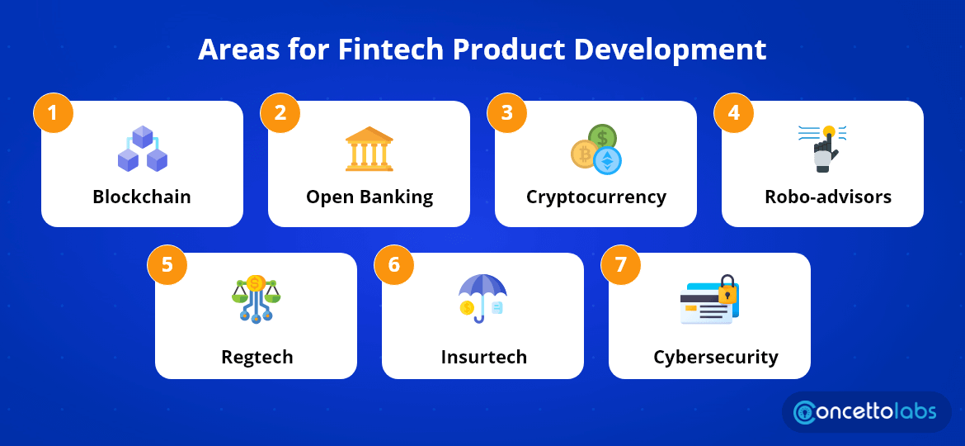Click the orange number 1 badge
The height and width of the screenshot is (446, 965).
pos(54,113)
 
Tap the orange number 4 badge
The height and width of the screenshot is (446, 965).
pos(734,113)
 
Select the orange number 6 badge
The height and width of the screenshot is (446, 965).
pos(394,265)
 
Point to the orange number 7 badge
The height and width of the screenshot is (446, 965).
pos(621,265)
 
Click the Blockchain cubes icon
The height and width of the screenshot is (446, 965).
pos(142,149)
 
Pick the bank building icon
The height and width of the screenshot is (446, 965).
pos(369,149)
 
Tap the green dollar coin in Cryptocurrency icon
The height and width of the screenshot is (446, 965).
pos(602,137)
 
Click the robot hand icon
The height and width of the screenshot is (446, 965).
pos(822,149)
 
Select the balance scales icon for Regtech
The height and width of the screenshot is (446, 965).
pos(256,298)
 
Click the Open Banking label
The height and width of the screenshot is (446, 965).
pos(369,197)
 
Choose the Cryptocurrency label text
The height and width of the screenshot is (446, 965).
pos(595,197)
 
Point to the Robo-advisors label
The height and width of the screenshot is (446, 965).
pos(822,197)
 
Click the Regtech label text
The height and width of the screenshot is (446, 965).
pos(257,357)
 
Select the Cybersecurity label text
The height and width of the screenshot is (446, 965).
pos(715,357)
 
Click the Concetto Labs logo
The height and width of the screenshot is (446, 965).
pos(867,412)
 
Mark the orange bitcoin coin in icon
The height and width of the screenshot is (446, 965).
pos(584,154)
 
